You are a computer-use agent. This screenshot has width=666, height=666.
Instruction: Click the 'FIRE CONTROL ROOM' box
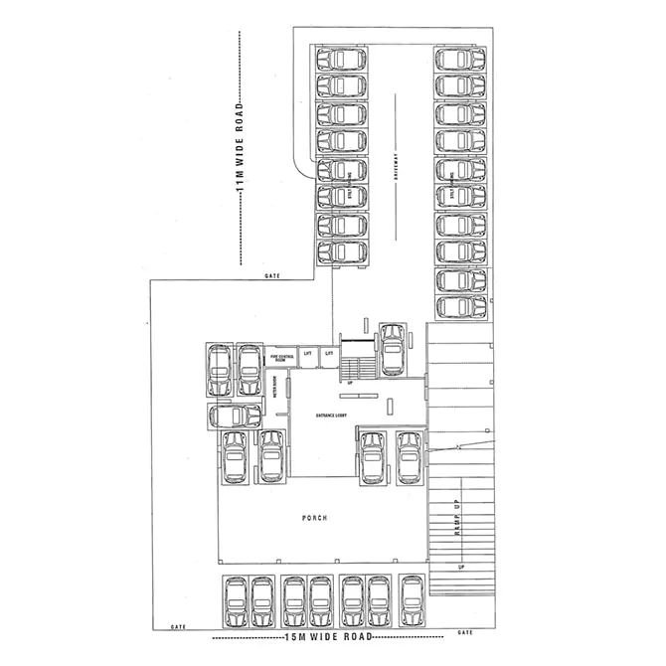pyautogui.click(x=280, y=356)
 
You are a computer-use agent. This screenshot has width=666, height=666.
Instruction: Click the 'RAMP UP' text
pyautogui.click(x=459, y=517)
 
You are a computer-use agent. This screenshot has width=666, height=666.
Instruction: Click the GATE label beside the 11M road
pyautogui.click(x=271, y=275)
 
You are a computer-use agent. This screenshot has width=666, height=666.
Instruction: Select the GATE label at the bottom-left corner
pyautogui.click(x=179, y=627)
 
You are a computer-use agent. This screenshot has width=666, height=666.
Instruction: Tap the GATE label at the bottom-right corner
pyautogui.click(x=465, y=631)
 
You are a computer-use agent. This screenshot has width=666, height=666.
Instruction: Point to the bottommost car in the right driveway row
pyautogui.click(x=462, y=306)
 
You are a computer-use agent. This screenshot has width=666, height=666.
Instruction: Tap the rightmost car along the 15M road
pyautogui.click(x=411, y=600)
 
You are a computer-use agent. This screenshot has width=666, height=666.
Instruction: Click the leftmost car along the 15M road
pyautogui.click(x=235, y=600)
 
